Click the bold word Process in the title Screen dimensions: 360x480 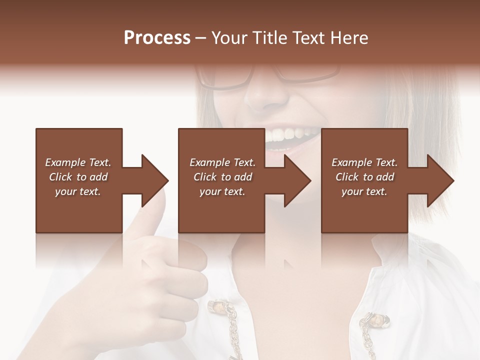coord(157,38)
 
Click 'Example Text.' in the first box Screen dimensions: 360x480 coord(78,162)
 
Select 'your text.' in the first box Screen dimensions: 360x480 coord(78,191)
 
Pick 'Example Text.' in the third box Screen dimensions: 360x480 coord(364,162)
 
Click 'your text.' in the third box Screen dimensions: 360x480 coord(364,191)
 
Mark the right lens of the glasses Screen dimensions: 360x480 coord(307,72)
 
